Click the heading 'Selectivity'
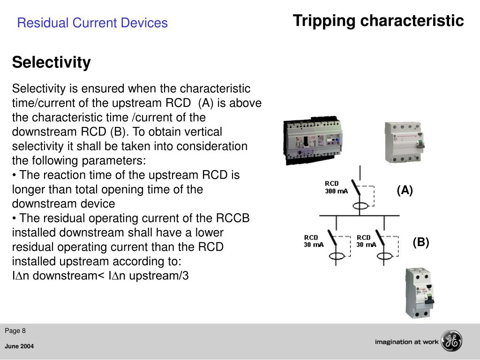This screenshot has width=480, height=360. click(51, 62)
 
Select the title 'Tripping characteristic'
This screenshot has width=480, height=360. click(378, 21)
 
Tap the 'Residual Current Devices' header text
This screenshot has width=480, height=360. click(92, 23)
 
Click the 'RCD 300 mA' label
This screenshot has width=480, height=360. click(336, 187)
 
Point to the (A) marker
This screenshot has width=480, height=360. click(405, 190)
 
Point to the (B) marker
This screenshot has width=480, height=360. click(420, 242)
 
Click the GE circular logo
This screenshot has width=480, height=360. click(452, 341)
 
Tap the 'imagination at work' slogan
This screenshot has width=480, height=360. click(406, 342)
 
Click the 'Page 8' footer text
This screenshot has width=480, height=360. click(15, 331)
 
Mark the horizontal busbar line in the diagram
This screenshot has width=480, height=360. click(360, 216)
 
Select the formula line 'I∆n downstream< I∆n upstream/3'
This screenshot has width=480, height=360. click(100, 276)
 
